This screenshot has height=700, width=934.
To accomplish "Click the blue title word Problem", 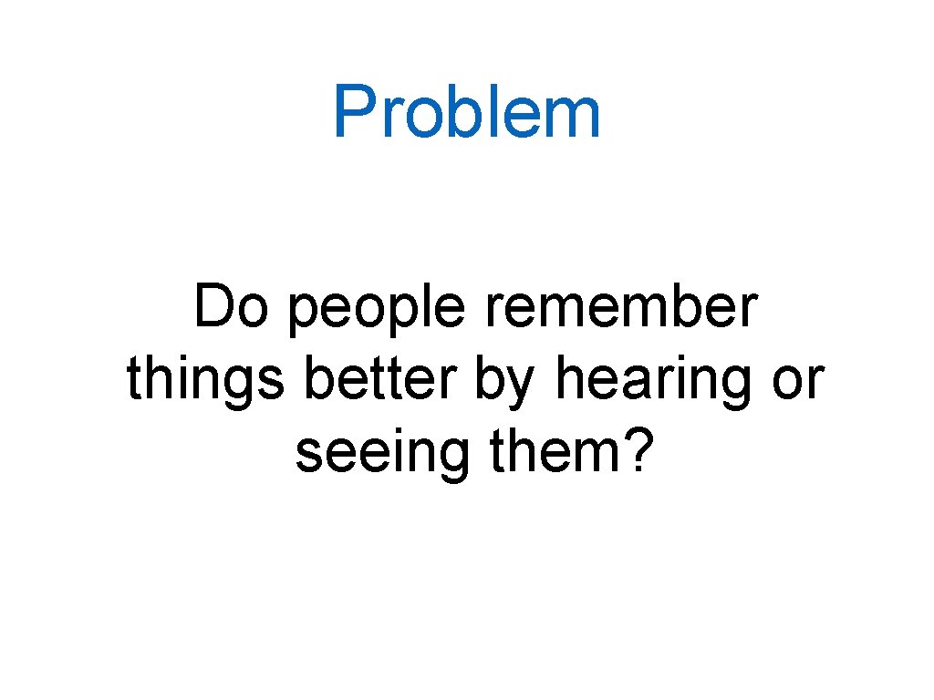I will [466, 113].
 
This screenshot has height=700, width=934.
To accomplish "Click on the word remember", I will [621, 309].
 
